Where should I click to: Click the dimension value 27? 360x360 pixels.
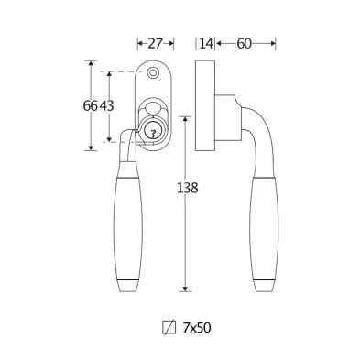click(155, 44)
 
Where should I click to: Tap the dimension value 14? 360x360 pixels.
click(206, 44)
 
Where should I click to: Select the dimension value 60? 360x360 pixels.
click(244, 44)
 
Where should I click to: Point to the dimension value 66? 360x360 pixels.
click(91, 106)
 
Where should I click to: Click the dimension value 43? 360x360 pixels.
click(106, 106)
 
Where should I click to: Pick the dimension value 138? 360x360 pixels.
click(188, 188)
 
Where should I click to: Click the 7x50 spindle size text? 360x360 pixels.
click(197, 328)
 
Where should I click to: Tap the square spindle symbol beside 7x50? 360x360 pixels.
click(169, 328)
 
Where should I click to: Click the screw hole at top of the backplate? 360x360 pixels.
click(153, 73)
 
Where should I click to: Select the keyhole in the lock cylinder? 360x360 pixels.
click(152, 133)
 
